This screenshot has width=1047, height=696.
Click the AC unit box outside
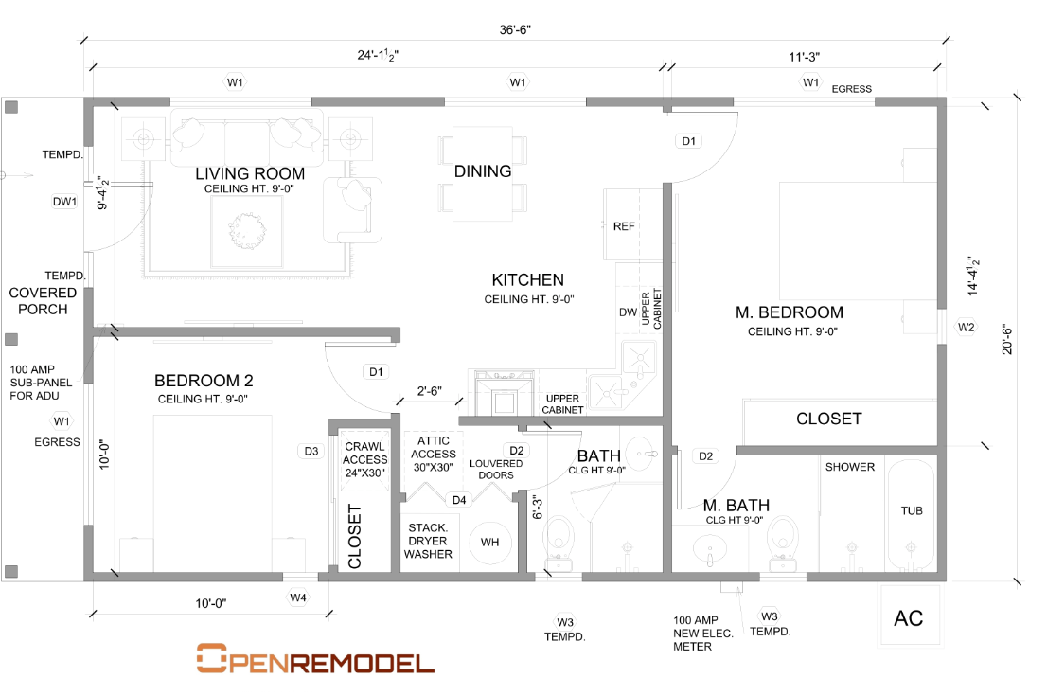[910, 616]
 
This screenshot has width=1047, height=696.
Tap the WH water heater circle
[490, 543]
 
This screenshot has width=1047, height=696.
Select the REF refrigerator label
[624, 226]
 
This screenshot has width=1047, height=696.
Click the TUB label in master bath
[912, 511]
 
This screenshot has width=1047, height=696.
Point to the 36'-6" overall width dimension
[515, 30]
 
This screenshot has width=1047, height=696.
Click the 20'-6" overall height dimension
[1007, 339]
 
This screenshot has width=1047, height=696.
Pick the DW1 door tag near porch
[64, 202]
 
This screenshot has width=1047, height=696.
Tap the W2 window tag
[966, 328]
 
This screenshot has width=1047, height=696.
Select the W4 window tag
[298, 598]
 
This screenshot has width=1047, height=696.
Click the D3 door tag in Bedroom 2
[311, 452]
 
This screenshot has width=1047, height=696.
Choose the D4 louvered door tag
[459, 500]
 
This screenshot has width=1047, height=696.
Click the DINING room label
[483, 171]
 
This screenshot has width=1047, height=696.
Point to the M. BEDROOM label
[790, 312]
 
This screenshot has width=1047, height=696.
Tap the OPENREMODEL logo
[315, 658]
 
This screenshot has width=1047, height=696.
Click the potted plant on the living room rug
[247, 231]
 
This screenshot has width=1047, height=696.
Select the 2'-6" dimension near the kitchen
[430, 391]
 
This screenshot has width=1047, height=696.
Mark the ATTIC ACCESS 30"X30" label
[434, 455]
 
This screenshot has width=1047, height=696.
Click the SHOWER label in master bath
[850, 467]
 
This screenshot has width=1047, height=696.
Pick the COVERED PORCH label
[43, 301]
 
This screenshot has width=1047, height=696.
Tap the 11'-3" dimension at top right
[804, 58]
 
